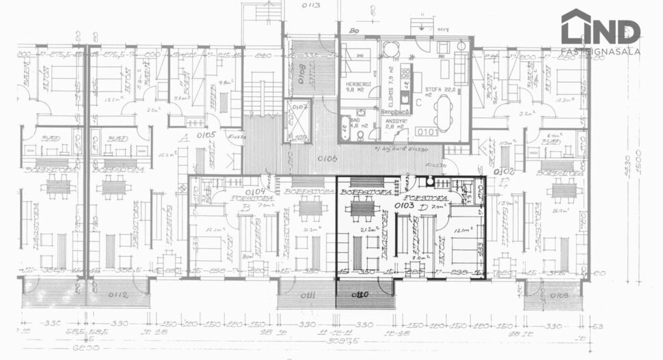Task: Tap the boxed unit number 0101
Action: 428,131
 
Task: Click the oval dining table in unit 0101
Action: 444,112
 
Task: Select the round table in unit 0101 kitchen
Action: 390,49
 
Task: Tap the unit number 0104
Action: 256,192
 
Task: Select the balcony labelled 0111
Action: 306,294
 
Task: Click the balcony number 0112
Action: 117,295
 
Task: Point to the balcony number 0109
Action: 558,295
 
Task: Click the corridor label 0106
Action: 329,158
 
